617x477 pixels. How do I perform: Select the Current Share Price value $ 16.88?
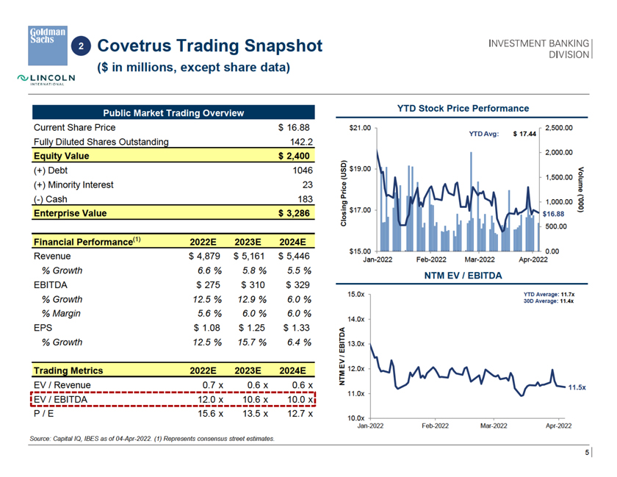click(295, 127)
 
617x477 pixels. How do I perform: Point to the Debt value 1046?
click(303, 171)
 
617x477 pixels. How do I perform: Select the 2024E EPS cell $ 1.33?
click(295, 328)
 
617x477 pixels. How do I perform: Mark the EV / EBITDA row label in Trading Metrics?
click(62, 399)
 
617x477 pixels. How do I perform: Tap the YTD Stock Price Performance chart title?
click(463, 108)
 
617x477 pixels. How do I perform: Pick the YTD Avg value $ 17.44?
click(524, 135)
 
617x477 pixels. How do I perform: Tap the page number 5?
click(586, 453)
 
